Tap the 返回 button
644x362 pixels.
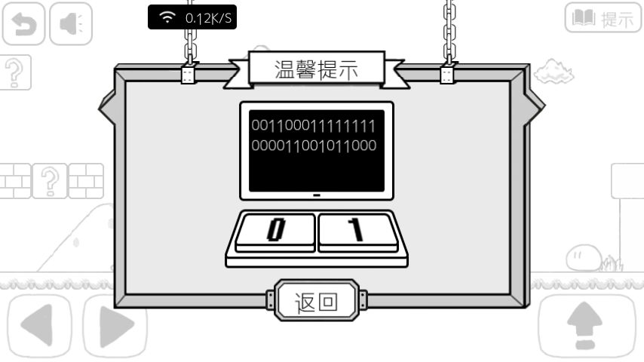point(316,301)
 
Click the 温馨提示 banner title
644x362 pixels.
point(317,69)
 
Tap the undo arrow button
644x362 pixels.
point(23,23)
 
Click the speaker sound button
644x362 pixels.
point(71,23)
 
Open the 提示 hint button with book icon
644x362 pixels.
point(603,17)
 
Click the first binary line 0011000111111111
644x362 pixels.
point(314,126)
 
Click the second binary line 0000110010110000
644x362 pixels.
point(314,146)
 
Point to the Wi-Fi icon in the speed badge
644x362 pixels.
point(167,17)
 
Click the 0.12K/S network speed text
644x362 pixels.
point(208,18)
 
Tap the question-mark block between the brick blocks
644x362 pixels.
point(50,181)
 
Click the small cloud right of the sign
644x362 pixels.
point(554,71)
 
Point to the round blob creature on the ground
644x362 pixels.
point(584,258)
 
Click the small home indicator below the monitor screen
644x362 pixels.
point(316,195)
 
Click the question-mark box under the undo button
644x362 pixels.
point(15,72)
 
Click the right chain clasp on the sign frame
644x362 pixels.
point(447,75)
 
